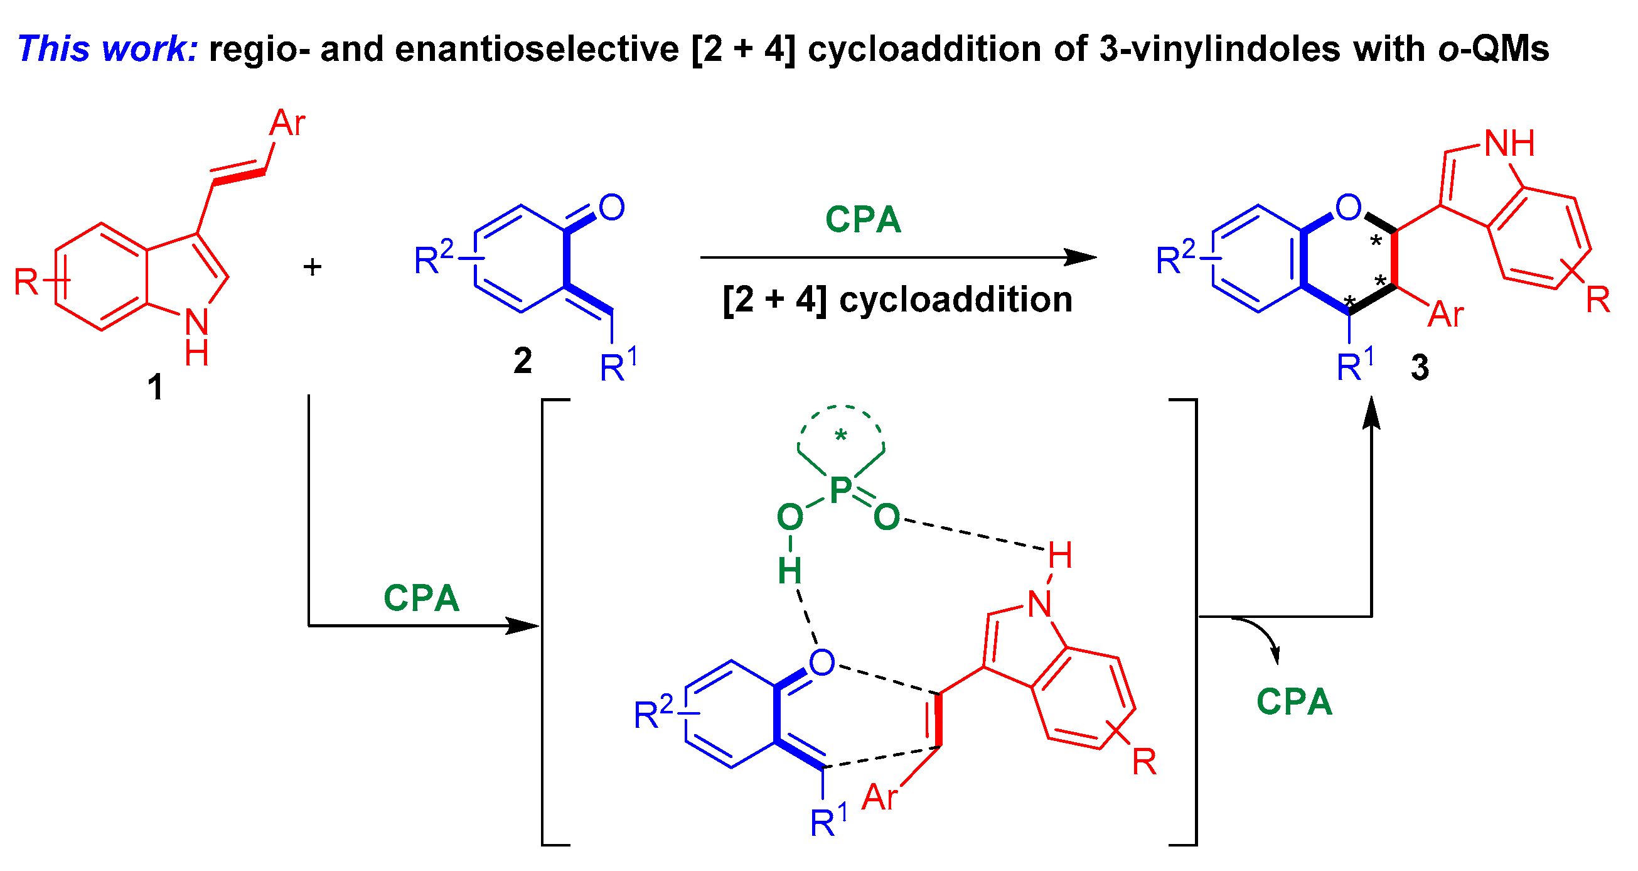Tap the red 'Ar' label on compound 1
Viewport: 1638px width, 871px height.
click(x=287, y=123)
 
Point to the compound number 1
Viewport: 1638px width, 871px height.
click(x=155, y=387)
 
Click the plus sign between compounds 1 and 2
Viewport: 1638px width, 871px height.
click(x=312, y=267)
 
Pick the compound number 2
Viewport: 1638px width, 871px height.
click(x=523, y=360)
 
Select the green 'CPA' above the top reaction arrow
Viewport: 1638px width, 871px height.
click(x=863, y=220)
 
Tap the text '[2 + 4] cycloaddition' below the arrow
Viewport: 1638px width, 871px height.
click(x=897, y=299)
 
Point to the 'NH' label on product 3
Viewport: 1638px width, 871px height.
click(x=1509, y=143)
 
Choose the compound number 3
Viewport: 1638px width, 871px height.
click(x=1420, y=367)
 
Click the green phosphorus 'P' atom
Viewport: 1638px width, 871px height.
click(x=840, y=490)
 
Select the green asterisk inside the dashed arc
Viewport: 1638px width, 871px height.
click(x=840, y=436)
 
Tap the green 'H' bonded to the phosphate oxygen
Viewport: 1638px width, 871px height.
click(x=790, y=571)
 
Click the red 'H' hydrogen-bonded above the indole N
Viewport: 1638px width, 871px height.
click(x=1060, y=555)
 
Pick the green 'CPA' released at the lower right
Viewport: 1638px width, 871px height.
click(x=1294, y=703)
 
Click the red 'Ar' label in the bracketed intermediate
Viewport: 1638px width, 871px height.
click(x=879, y=797)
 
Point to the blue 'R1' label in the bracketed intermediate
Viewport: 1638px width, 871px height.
click(x=828, y=822)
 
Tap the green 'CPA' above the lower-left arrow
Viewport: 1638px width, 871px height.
click(x=421, y=598)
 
